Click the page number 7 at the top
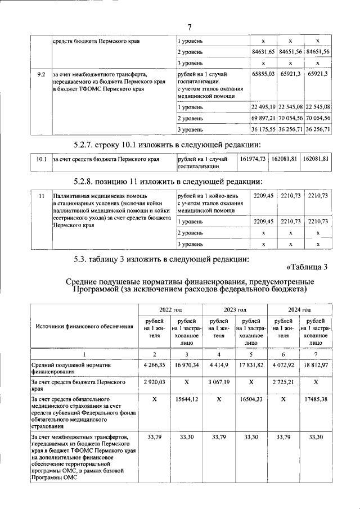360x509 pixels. (x=190, y=27)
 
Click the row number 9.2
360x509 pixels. (x=40, y=74)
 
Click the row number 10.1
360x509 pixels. (x=40, y=159)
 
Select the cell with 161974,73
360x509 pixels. (x=253, y=159)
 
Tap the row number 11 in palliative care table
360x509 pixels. (x=41, y=195)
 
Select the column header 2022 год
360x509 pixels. (x=170, y=309)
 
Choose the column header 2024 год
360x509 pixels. (x=299, y=309)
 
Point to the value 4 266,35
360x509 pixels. (x=155, y=365)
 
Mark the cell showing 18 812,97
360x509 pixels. (x=315, y=365)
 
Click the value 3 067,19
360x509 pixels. (x=219, y=381)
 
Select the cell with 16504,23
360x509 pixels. (x=251, y=400)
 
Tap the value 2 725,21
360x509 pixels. (x=283, y=381)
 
